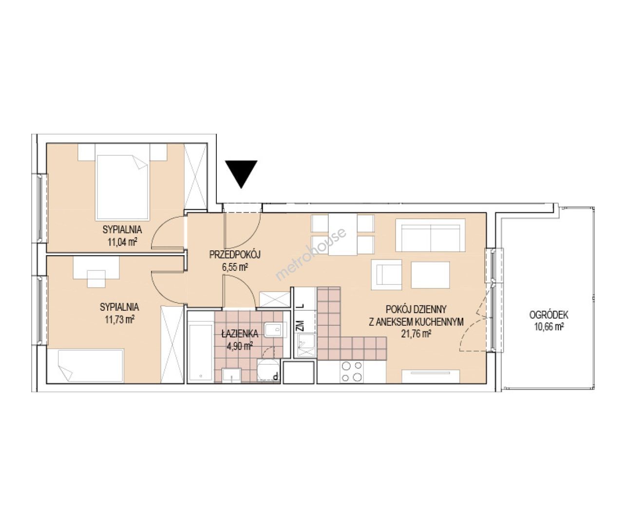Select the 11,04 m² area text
tap(122, 242)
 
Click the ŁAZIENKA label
tap(240, 333)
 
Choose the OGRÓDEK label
tap(549, 315)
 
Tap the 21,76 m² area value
tap(416, 334)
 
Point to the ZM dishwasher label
tap(301, 325)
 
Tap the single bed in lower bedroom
tap(85, 366)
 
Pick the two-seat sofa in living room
tap(430, 235)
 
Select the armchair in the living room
tap(386, 275)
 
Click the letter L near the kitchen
tap(301, 306)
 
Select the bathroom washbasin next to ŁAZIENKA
tap(273, 330)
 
